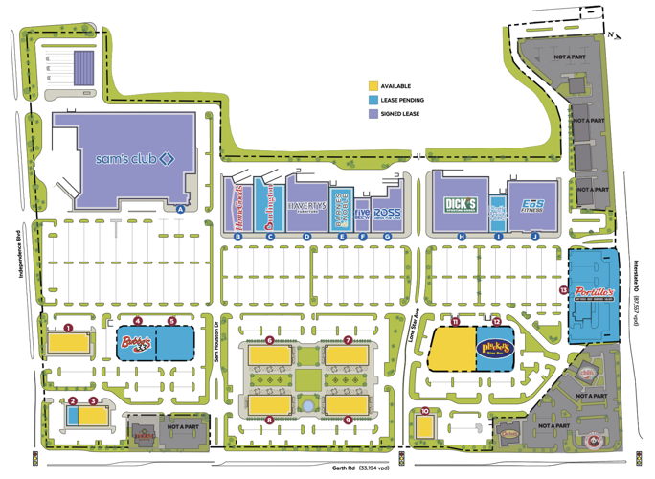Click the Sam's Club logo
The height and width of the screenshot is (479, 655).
[x=133, y=157]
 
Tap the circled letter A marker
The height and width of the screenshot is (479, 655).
[x=179, y=208]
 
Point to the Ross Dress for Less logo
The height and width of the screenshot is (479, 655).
[x=387, y=213]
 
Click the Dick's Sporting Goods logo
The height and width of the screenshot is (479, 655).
[x=461, y=204]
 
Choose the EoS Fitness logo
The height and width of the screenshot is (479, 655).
[x=533, y=205]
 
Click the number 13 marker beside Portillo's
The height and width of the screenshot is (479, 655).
[x=564, y=288]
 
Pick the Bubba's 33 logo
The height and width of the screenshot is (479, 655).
[x=136, y=341]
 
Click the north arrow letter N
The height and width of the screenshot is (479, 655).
[x=609, y=36]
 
